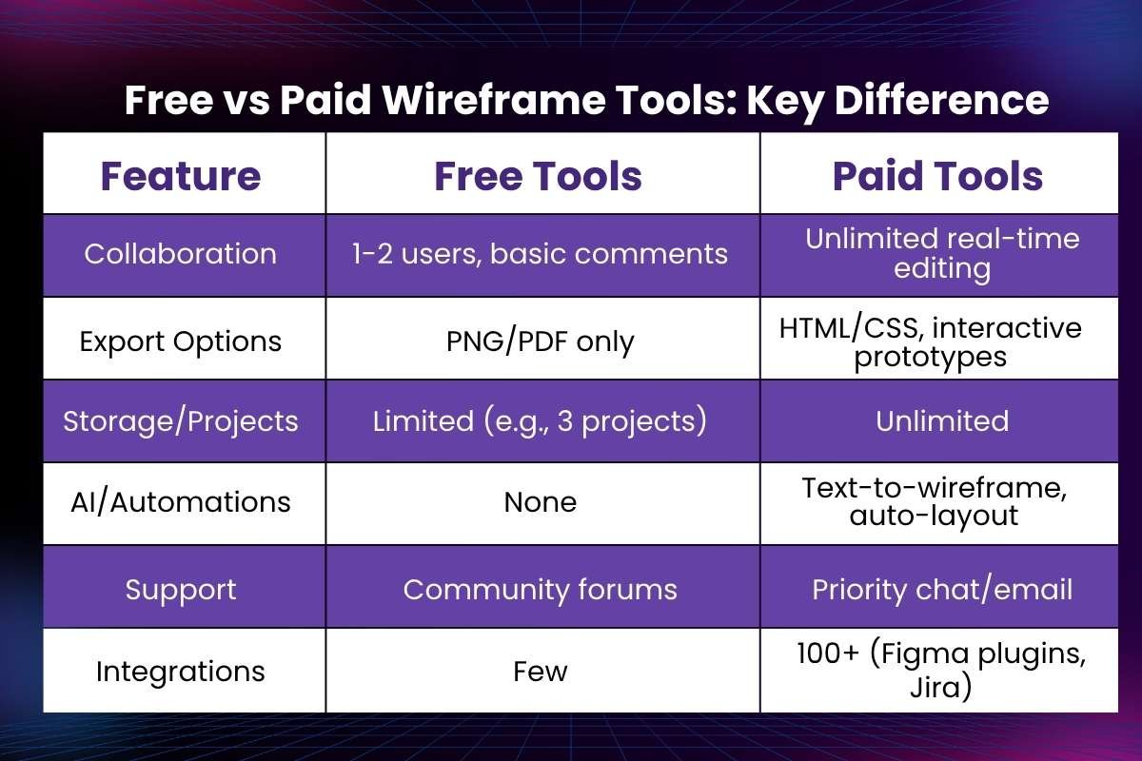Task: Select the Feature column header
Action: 181,176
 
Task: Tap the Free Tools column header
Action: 539,176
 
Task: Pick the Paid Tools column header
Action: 938,176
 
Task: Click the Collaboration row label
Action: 181,254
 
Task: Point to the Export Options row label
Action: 181,341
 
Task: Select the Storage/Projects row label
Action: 181,421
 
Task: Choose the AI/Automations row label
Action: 181,501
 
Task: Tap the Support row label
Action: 181,589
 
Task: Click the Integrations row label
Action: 181,672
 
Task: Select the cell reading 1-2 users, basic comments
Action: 540,254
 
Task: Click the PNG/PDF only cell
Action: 540,341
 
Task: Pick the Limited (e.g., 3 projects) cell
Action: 540,421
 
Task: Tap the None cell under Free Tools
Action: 540,501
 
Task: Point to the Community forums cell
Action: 540,589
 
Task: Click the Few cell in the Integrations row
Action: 540,672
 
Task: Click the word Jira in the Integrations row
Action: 940,687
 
